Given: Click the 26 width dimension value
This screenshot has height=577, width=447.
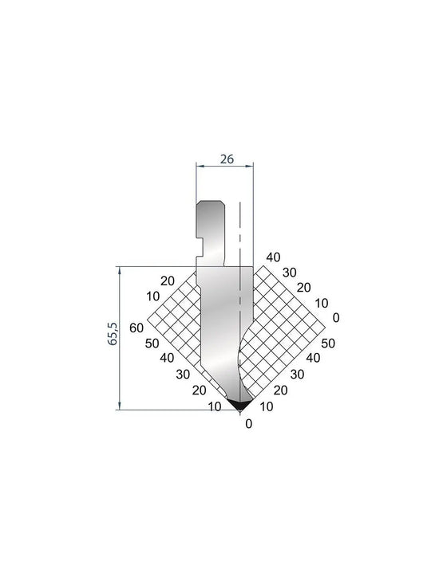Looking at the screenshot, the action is coord(227,159).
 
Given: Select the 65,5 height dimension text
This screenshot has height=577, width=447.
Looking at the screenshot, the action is coord(113,333).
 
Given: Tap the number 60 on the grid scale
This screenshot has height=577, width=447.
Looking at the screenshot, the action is coord(136,328).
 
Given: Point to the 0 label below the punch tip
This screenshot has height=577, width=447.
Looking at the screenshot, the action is coord(249,424).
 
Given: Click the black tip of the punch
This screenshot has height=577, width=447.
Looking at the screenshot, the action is coord(239,405).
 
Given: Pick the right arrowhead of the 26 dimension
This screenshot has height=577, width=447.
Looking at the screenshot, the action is coord(250,167).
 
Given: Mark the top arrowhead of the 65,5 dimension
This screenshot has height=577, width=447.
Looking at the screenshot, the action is coord(120,270).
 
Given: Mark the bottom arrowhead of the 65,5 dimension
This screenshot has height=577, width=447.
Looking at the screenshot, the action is coord(120,405).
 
